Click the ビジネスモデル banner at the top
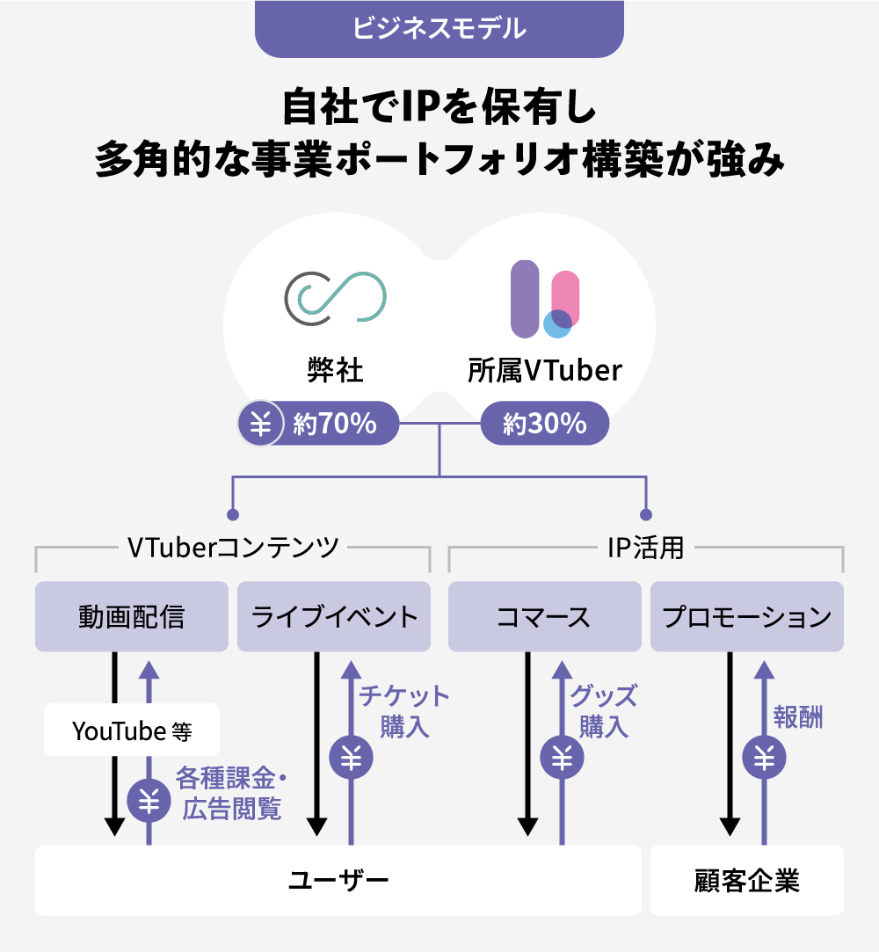(x=439, y=28)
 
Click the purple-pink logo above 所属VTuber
(x=545, y=299)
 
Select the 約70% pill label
(x=335, y=424)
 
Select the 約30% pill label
(x=545, y=424)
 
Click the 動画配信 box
(x=132, y=616)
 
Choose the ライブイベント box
(x=334, y=616)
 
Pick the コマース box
(x=544, y=616)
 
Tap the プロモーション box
(x=747, y=616)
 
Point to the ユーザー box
(x=338, y=880)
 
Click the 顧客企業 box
(x=747, y=880)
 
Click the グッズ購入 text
(x=603, y=711)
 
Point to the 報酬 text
(x=798, y=716)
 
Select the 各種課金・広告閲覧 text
(x=232, y=794)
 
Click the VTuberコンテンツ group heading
(x=233, y=547)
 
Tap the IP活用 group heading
(x=646, y=547)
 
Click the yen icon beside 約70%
(x=260, y=424)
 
